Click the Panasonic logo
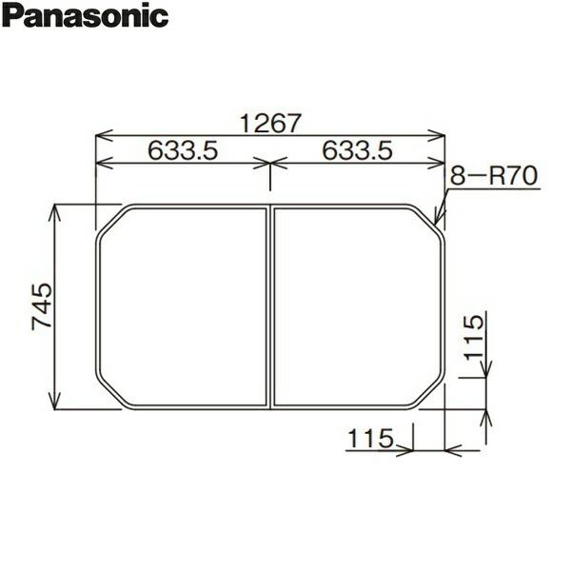pyautogui.click(x=86, y=16)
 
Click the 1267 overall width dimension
pyautogui.click(x=270, y=123)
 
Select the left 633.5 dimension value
pyautogui.click(x=183, y=150)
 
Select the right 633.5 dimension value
pyautogui.click(x=358, y=150)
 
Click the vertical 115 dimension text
pyautogui.click(x=476, y=338)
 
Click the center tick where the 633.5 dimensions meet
pyautogui.click(x=270, y=164)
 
